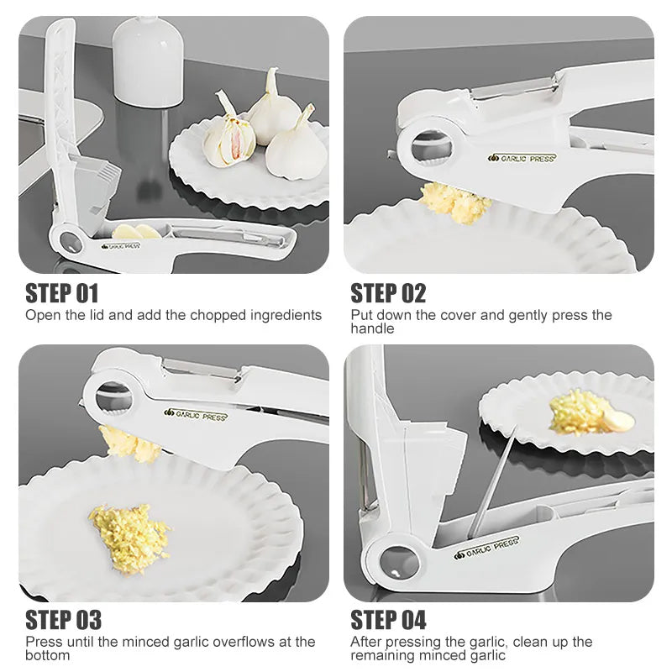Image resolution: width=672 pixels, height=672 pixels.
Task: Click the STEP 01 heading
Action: tap(62, 293)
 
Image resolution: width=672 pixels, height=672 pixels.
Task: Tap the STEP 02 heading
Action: tap(388, 293)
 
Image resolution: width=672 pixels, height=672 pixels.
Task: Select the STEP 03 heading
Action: tap(64, 620)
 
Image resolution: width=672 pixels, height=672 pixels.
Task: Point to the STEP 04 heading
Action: tap(388, 620)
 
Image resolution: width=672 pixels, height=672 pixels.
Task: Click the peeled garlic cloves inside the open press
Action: tap(134, 231)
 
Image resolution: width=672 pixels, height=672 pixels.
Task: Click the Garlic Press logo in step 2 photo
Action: tap(522, 157)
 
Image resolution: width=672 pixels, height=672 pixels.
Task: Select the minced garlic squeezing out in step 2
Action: tap(455, 202)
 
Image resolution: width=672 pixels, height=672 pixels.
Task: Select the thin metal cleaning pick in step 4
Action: tap(491, 483)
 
